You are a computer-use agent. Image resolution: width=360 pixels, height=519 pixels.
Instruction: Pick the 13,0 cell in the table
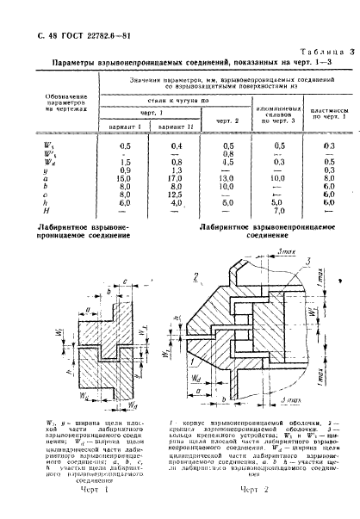227,178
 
